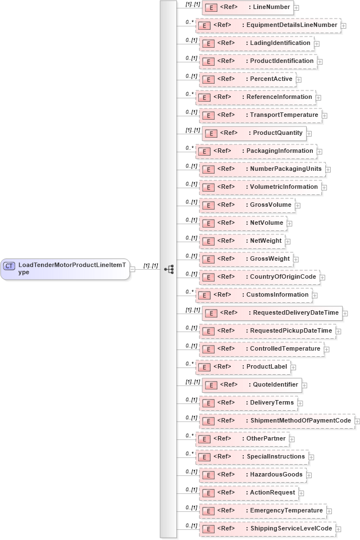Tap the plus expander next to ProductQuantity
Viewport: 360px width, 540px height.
pyautogui.click(x=309, y=133)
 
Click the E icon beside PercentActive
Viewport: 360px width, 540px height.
pyautogui.click(x=206, y=79)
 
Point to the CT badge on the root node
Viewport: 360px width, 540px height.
pyautogui.click(x=9, y=265)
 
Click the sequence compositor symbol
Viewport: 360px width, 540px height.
pyautogui.click(x=168, y=269)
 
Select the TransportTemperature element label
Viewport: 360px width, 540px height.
pyautogui.click(x=284, y=115)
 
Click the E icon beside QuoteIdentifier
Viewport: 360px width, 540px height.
pyautogui.click(x=209, y=385)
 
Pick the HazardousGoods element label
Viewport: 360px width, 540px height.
pyautogui.click(x=276, y=474)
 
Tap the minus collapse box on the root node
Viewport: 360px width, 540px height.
pyautogui.click(x=133, y=269)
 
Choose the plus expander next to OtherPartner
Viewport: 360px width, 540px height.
pyautogui.click(x=292, y=439)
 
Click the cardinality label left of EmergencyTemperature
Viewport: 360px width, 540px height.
pyautogui.click(x=192, y=507)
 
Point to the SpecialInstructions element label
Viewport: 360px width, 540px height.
pyautogui.click(x=276, y=456)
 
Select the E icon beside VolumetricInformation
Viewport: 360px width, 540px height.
pyautogui.click(x=206, y=187)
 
